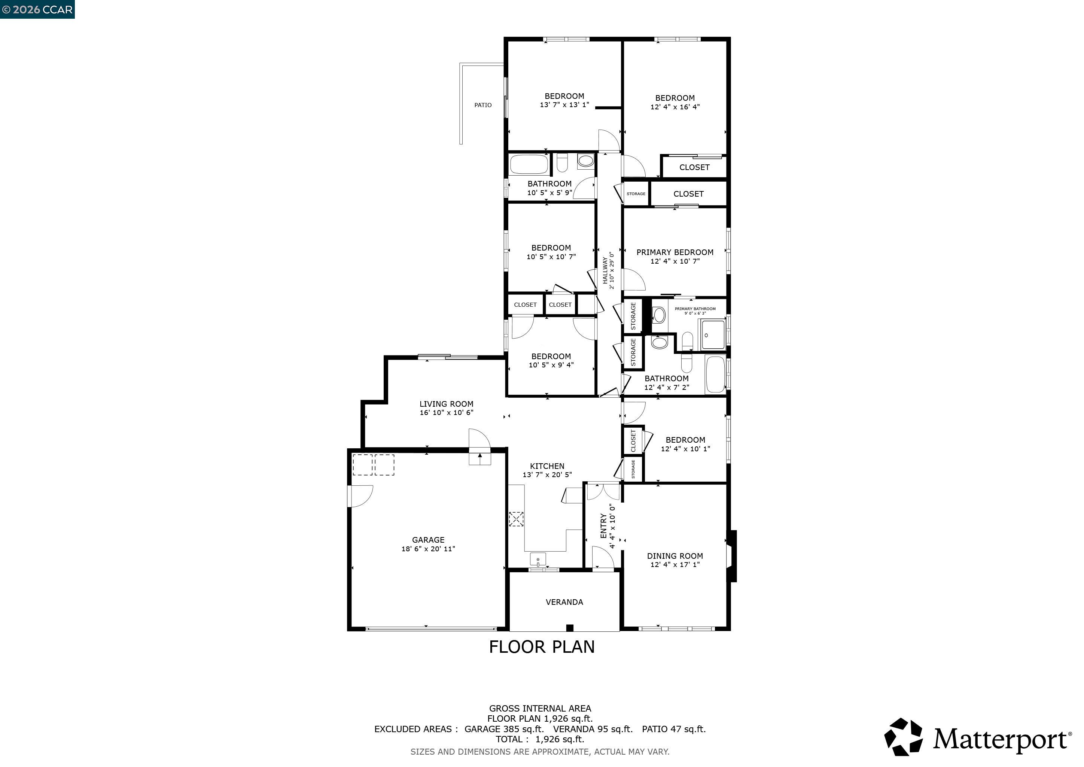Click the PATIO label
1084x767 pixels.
coord(482,105)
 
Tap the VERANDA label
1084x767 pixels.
coord(564,602)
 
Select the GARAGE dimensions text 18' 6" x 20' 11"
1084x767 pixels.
coord(428,549)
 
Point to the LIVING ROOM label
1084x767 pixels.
coord(446,404)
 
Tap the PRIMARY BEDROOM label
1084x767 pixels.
coord(675,252)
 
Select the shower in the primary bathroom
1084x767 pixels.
coord(712,335)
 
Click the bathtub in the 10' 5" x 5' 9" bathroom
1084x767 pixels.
coord(529,164)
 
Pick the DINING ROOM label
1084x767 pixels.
coord(675,556)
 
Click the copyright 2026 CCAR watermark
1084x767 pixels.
coord(37,9)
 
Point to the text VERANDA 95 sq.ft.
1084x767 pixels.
coord(593,729)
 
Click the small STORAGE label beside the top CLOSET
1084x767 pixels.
coord(636,194)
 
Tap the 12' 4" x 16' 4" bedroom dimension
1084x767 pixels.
coord(675,107)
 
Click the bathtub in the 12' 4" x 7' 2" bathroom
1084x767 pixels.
coord(715,374)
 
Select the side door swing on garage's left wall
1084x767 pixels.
coord(360,496)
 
